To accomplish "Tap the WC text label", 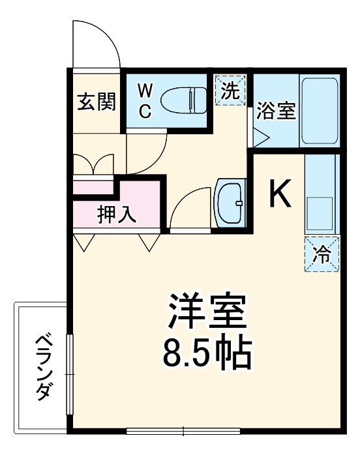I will pyautogui.click(x=145, y=100).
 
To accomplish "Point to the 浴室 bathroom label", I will pyautogui.click(x=275, y=110).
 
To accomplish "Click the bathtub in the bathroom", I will pyautogui.click(x=319, y=111).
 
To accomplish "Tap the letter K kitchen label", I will pyautogui.click(x=280, y=194).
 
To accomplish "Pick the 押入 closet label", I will pyautogui.click(x=117, y=214).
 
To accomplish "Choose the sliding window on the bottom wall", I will pyautogui.click(x=183, y=431).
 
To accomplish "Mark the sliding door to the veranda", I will pyautogui.click(x=69, y=372).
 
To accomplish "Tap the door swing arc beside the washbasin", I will pyautogui.click(x=189, y=209).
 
